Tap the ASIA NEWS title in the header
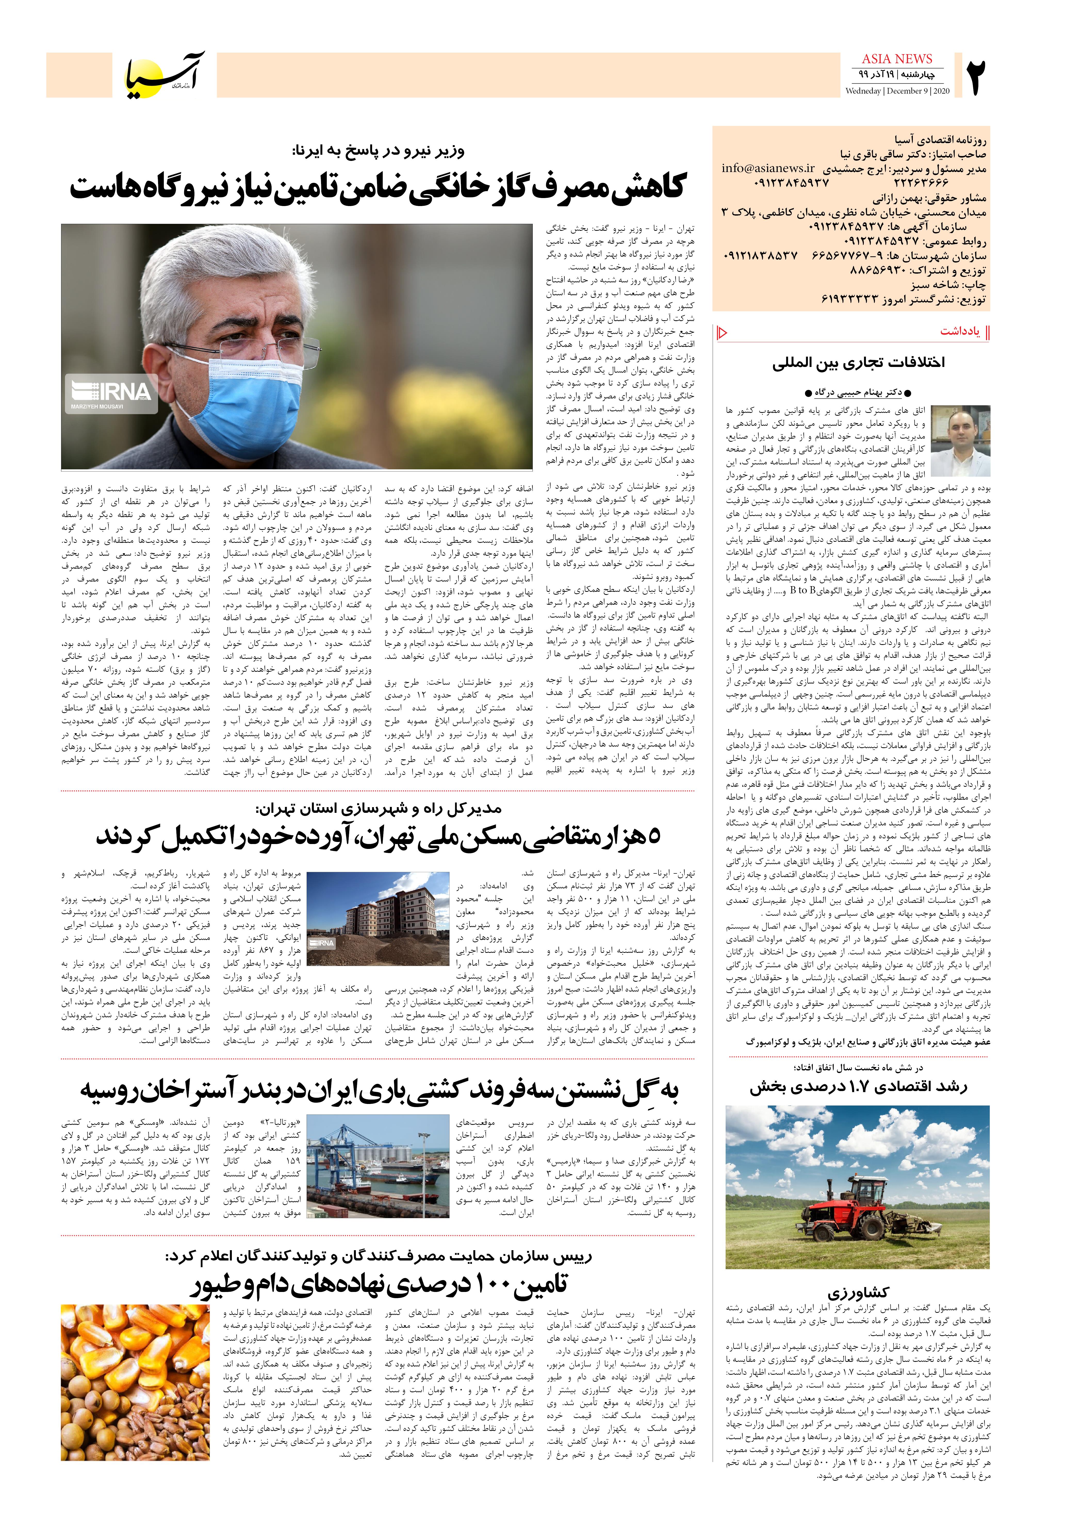(x=897, y=59)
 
